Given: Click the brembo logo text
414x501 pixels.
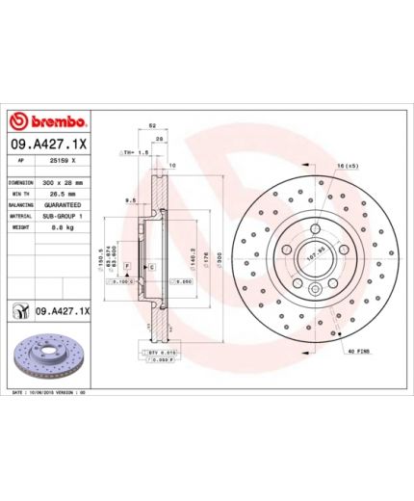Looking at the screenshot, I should tap(55, 121).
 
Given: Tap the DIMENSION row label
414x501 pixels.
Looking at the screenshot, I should tap(22, 182).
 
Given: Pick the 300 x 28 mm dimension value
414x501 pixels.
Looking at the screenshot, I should tap(65, 182).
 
